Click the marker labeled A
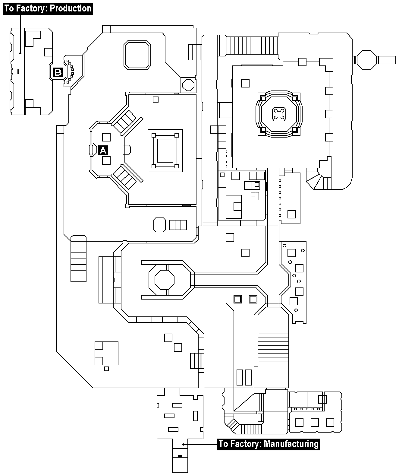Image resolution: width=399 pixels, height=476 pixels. pyautogui.click(x=103, y=151)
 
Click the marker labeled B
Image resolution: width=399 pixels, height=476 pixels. pyautogui.click(x=58, y=72)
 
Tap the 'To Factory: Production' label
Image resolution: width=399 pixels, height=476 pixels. pyautogui.click(x=48, y=9)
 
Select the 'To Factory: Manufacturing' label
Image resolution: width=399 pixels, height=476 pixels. pyautogui.click(x=269, y=444)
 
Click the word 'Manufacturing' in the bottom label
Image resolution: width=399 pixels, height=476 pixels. pyautogui.click(x=291, y=444)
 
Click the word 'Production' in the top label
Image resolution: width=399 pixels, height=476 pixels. pyautogui.click(x=71, y=9)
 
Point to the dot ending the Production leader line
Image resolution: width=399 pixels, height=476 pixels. pyautogui.click(x=20, y=53)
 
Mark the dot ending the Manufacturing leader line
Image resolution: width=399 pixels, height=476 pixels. pyautogui.click(x=183, y=444)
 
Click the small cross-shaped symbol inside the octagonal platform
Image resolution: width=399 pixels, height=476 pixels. pyautogui.click(x=279, y=114)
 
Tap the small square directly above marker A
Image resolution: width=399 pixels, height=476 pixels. pyautogui.click(x=106, y=137)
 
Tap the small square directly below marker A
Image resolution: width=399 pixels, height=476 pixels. pyautogui.click(x=106, y=160)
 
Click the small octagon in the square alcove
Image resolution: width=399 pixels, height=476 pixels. pyautogui.click(x=189, y=85)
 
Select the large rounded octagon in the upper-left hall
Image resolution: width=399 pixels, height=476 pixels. pyautogui.click(x=137, y=55)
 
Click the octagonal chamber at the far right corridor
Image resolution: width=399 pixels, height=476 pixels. pyautogui.click(x=366, y=60)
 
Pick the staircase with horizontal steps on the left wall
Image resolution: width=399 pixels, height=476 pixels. pyautogui.click(x=78, y=259)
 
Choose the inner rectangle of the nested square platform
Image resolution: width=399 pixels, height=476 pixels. pyautogui.click(x=165, y=151)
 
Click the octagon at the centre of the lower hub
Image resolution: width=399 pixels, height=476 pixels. pyautogui.click(x=165, y=280)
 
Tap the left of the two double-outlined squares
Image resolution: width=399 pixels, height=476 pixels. pyautogui.click(x=237, y=299)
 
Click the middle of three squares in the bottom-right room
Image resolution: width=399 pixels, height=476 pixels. pyautogui.click(x=315, y=423)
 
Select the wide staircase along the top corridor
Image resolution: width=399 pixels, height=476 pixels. pyautogui.click(x=252, y=46)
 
